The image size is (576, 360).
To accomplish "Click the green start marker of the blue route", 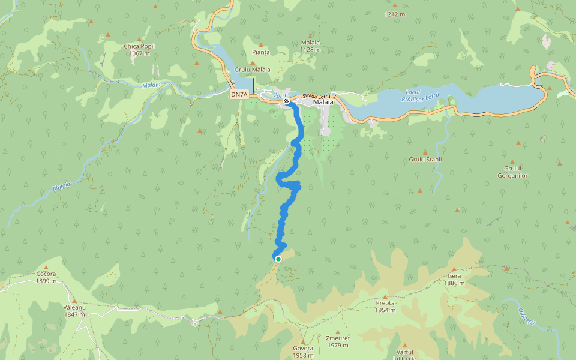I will pos(278,259).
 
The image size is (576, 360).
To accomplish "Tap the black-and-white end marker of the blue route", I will pos(287,101).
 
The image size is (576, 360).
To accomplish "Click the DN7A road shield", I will pos(239,94).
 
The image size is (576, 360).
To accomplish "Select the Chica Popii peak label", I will pos(139,50).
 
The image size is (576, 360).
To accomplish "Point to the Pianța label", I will pos(261,53).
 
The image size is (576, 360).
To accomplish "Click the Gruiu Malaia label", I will pos(252,70).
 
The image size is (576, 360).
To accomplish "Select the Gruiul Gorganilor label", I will pos(512,172).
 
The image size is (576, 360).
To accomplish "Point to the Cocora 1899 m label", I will pos(46,277).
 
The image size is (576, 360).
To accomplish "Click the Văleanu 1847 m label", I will pos(74,310).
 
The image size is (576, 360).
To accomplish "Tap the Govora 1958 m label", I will pos(304,352).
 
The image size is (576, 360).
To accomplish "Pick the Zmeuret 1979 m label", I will pos(337,341).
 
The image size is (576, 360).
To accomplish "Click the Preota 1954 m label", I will pos(385,307).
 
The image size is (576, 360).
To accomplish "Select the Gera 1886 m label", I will pos(454,279).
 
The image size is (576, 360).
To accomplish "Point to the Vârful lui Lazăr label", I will pos(406,354).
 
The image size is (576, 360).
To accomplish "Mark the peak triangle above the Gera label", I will pos(454,270).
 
